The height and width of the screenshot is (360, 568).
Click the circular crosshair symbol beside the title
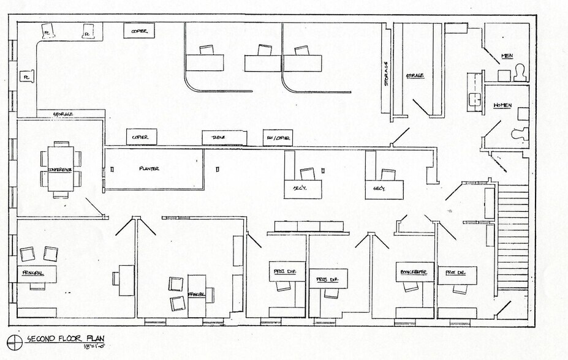pos(12,340)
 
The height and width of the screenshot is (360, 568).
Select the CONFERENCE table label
pos(60,169)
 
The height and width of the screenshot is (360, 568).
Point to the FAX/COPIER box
pos(278,138)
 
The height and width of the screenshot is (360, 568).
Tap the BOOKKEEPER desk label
pos(414,271)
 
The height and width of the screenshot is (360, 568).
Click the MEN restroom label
pos(507,56)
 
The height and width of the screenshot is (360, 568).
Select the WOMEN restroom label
pos(502,105)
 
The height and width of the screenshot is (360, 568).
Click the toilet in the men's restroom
pos(521,73)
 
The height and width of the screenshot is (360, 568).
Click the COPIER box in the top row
pos(139,31)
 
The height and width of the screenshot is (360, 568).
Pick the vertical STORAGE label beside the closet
pos(386,73)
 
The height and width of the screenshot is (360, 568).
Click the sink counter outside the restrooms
pos(475,91)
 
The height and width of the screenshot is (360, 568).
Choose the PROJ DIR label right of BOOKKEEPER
pos(455,272)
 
